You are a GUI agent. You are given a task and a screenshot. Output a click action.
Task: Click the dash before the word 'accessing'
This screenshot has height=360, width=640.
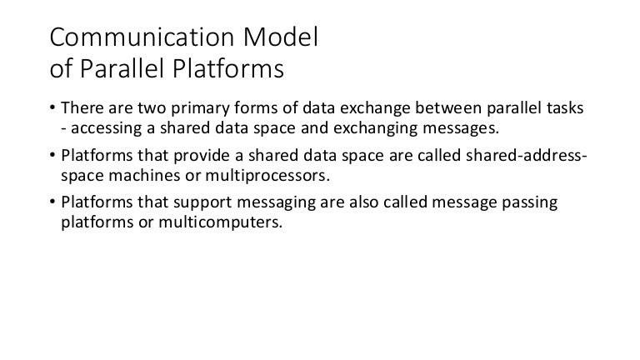[x=65, y=129]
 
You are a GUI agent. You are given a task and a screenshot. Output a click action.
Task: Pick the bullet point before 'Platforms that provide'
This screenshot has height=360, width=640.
[x=54, y=157]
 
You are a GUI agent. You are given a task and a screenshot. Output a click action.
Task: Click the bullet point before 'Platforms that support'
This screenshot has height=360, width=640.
[x=54, y=204]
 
